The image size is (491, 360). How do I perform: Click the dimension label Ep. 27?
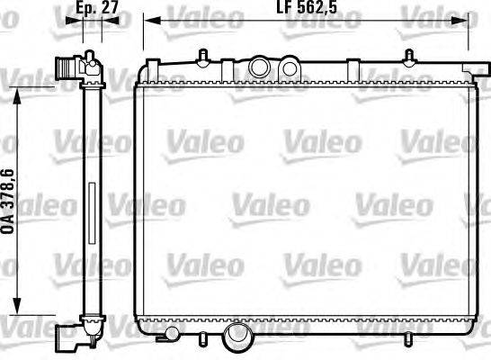pyautogui.click(x=97, y=7)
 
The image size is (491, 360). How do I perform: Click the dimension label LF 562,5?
pyautogui.click(x=307, y=7)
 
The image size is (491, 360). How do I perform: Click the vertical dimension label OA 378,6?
pyautogui.click(x=8, y=202)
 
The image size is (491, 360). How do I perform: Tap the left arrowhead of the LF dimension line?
pyautogui.click(x=152, y=21)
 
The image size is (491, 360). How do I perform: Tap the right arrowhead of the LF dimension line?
pyautogui.click(x=460, y=21)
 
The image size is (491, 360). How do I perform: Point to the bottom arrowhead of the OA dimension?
pyautogui.click(x=17, y=305)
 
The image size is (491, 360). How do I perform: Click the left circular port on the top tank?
pyautogui.click(x=260, y=67)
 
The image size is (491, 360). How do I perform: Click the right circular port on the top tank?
pyautogui.click(x=290, y=67)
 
